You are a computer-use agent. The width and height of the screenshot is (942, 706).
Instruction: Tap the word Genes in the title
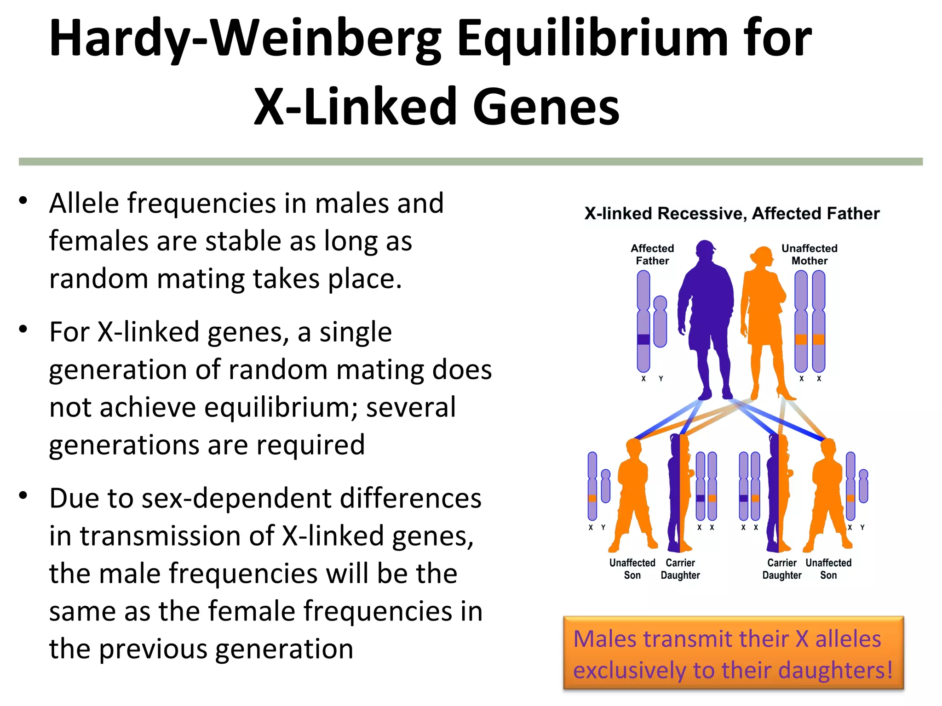coord(546,107)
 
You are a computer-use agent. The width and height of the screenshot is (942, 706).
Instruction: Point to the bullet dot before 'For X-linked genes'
coord(23,329)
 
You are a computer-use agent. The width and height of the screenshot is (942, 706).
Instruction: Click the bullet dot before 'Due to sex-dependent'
coord(23,495)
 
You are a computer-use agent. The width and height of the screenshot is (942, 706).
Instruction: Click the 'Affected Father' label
coord(652,255)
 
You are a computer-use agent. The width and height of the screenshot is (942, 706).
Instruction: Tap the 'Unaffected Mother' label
coord(810,255)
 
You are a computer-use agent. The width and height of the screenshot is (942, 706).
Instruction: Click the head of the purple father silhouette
coord(705,251)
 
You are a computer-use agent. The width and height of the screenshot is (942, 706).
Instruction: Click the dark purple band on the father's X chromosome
coord(643,340)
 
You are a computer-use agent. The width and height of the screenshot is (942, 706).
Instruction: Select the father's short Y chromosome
coord(660,321)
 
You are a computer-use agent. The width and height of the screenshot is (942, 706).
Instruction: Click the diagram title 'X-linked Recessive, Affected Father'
coord(732,214)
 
